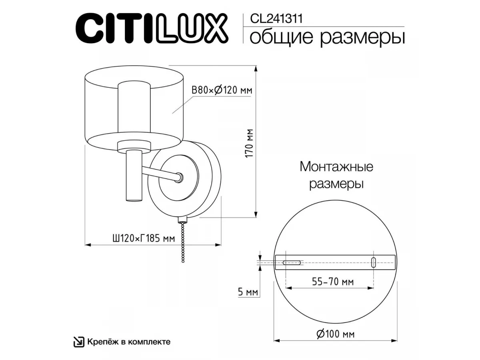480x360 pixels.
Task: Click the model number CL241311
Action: [x=276, y=18]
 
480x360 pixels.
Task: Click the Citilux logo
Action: [x=152, y=28]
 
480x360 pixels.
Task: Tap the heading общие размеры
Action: [x=327, y=38]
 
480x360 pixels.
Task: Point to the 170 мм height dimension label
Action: [x=249, y=143]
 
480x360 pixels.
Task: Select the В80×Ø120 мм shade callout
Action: [x=222, y=90]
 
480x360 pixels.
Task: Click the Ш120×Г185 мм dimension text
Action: [x=144, y=238]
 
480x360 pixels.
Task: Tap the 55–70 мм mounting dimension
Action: [x=333, y=282]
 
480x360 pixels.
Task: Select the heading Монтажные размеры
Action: [x=336, y=175]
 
